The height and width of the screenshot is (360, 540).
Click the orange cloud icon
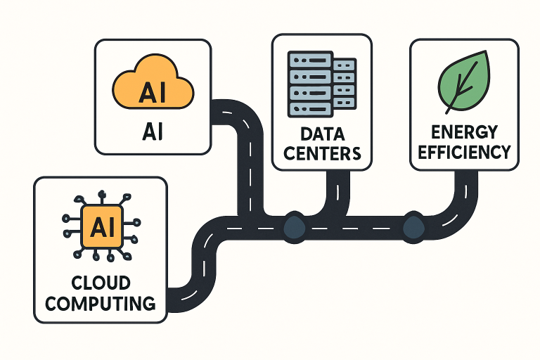[x=153, y=83]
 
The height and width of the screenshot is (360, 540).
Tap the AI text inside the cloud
[x=153, y=92]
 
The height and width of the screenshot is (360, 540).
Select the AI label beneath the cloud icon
[x=153, y=132]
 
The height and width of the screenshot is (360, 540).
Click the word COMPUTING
[x=101, y=304]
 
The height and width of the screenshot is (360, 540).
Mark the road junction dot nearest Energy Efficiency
[x=413, y=225]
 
